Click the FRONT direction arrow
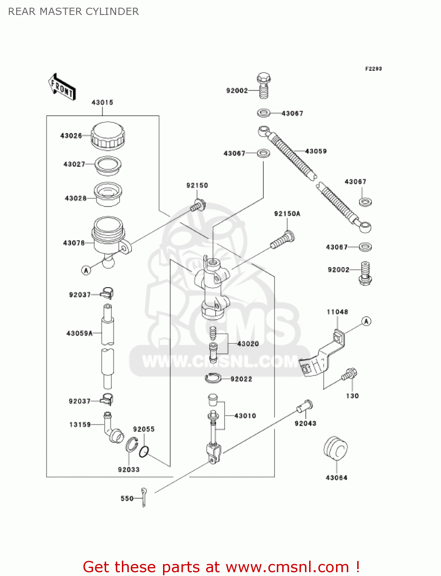(62, 87)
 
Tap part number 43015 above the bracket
(102, 103)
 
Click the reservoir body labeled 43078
(108, 236)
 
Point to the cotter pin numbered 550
(144, 498)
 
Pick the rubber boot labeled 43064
(336, 448)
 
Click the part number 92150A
(287, 214)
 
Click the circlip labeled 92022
(213, 379)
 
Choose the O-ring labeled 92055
(144, 452)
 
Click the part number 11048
(337, 312)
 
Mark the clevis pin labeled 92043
(305, 406)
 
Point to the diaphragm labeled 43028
(108, 194)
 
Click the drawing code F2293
(373, 69)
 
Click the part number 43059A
(80, 333)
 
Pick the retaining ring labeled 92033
(131, 445)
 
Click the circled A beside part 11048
(366, 321)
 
